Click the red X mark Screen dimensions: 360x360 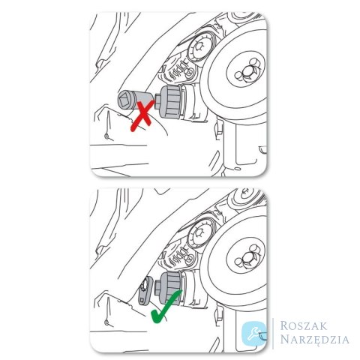pyautogui.click(x=142, y=115)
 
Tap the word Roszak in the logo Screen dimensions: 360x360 pyautogui.click(x=304, y=325)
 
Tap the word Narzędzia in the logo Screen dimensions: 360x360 pyautogui.click(x=314, y=339)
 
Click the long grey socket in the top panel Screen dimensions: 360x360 pyautogui.click(x=136, y=100)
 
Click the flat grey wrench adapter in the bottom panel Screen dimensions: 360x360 pyautogui.click(x=145, y=290)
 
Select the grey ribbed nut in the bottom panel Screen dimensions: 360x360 pyautogui.click(x=171, y=287)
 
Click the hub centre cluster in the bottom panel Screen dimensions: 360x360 pyautogui.click(x=245, y=257)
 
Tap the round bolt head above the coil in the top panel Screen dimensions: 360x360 pyautogui.click(x=199, y=46)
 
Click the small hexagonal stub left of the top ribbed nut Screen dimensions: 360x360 pyautogui.click(x=157, y=101)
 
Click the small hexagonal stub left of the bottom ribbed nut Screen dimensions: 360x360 pyautogui.click(x=157, y=287)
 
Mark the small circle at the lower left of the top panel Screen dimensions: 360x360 pyautogui.click(x=106, y=136)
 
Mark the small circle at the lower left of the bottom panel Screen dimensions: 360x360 pyautogui.click(x=106, y=322)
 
